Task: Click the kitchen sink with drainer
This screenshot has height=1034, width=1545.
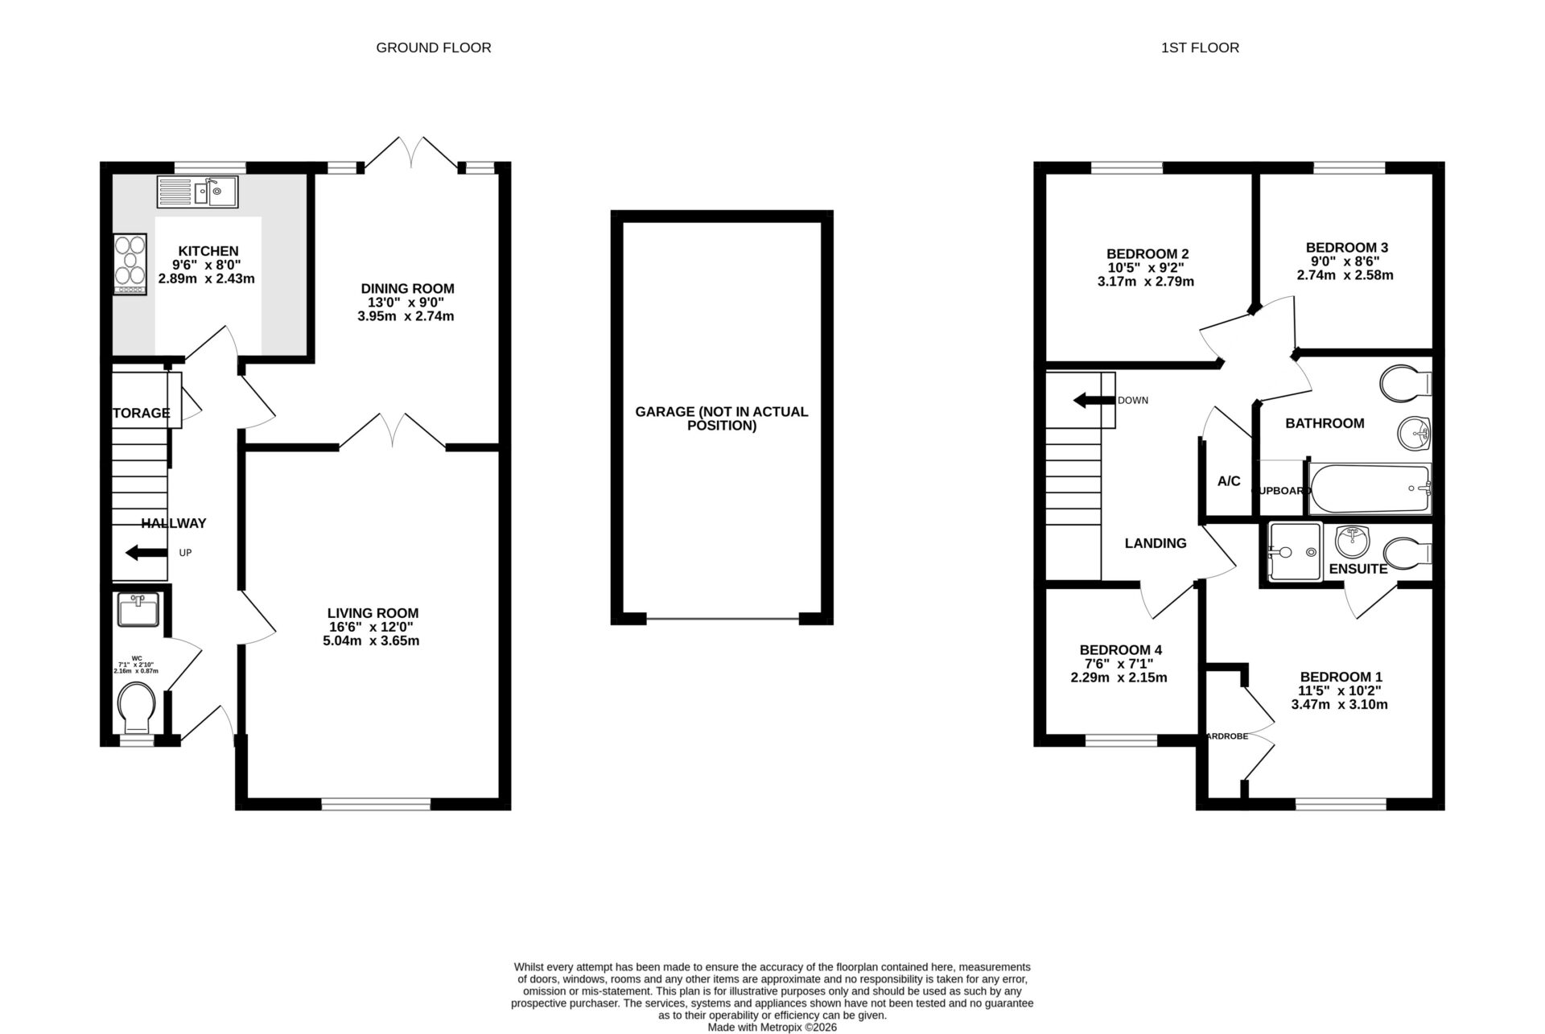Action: click(x=198, y=192)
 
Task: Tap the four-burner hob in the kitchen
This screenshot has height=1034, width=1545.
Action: click(x=130, y=263)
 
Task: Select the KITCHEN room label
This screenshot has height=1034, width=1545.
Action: click(x=208, y=251)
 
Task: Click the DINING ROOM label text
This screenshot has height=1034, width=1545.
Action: click(x=407, y=288)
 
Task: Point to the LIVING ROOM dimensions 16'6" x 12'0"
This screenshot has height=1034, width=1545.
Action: click(x=373, y=627)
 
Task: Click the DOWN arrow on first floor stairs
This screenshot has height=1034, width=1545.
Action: click(x=1092, y=400)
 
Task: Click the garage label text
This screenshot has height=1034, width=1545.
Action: click(x=721, y=418)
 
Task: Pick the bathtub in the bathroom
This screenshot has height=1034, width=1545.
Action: click(x=1370, y=488)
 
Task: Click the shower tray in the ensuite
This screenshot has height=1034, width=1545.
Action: click(x=1294, y=552)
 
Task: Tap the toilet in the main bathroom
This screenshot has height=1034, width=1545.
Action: click(x=1406, y=382)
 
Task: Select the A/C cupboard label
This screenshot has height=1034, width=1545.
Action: click(x=1228, y=481)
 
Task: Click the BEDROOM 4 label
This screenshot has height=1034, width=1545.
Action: click(x=1120, y=649)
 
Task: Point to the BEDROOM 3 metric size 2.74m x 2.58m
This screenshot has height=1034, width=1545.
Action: click(x=1345, y=274)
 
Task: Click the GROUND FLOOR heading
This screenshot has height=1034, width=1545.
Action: click(x=434, y=47)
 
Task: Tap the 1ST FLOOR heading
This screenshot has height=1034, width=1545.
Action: click(x=1200, y=47)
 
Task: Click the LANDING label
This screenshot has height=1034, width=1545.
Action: click(x=1155, y=543)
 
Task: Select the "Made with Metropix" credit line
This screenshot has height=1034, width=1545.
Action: click(x=772, y=1027)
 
